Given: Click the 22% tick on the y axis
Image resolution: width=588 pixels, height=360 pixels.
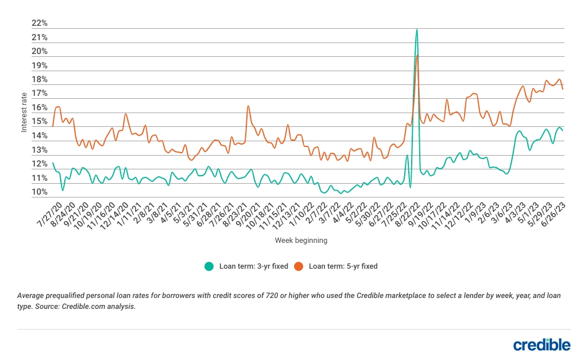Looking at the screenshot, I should [39, 24].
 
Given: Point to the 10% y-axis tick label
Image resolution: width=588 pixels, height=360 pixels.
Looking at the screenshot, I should [39, 192].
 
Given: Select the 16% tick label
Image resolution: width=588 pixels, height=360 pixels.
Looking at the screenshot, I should [39, 108].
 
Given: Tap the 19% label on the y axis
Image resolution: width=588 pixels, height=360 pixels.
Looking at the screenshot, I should [39, 65].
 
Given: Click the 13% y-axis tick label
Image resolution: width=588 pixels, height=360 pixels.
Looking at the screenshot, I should [39, 150].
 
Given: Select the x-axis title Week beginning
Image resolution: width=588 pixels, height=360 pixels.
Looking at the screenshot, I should [301, 241].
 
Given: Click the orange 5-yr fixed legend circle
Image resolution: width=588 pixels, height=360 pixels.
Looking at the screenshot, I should [299, 266].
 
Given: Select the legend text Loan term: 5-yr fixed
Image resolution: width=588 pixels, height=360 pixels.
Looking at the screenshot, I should [343, 266].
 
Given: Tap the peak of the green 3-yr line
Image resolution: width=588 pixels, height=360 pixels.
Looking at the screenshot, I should [416, 29].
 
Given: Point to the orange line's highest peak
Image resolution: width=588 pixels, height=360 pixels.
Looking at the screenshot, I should [417, 55].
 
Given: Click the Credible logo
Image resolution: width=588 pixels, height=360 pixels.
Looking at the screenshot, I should [541, 344].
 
